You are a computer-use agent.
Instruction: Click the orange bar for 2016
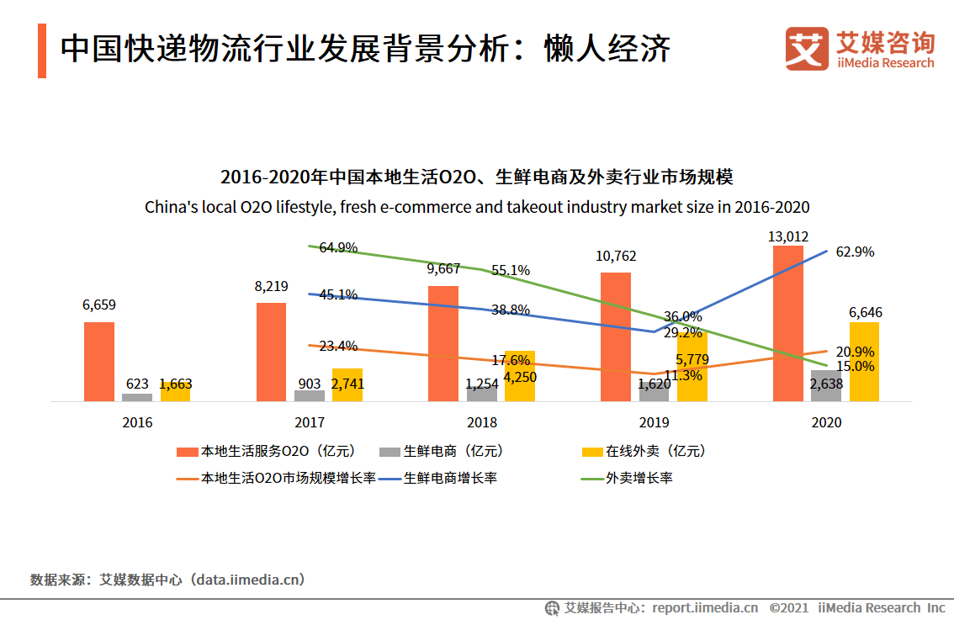99,361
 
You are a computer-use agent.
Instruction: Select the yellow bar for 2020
864,362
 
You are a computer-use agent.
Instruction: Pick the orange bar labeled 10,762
616,336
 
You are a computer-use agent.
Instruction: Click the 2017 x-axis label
310,422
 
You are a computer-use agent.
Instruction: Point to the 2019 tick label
654,422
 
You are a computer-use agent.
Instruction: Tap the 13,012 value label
787,236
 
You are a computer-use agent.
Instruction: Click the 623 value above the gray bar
137,384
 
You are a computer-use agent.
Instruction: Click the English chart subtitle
477,206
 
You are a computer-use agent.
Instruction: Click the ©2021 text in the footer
789,607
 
